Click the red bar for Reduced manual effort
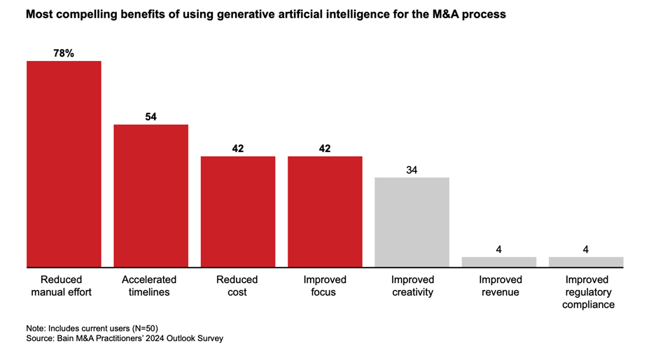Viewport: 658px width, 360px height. tap(64, 164)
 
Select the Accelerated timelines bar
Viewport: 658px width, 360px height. tap(151, 195)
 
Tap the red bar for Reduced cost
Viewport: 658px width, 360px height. tap(238, 212)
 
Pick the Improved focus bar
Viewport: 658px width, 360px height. tap(325, 212)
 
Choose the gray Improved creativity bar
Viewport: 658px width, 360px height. tap(412, 222)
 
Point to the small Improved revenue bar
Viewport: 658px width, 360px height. tap(499, 262)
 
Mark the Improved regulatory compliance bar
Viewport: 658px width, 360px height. tap(586, 262)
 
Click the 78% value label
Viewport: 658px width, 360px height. tap(64, 53)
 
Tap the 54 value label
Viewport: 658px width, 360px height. tap(151, 116)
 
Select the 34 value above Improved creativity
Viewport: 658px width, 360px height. tap(412, 169)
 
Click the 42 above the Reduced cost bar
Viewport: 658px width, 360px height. tap(238, 148)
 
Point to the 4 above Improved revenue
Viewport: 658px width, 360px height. tap(499, 249)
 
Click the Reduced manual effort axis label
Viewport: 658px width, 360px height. tap(64, 286)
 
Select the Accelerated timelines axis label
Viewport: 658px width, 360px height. tap(151, 286)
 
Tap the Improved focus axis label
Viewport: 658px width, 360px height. tap(325, 286)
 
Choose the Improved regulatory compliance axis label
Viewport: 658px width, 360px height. tap(586, 292)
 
